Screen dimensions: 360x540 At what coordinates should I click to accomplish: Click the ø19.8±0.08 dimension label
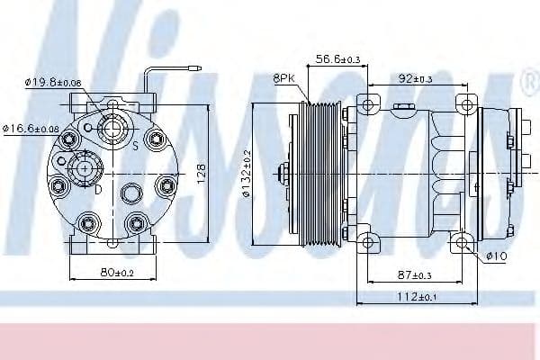pos(53,83)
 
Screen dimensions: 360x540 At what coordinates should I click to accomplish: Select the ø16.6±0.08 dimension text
pos(33,129)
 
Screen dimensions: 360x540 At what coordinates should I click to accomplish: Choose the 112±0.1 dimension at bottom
pos(416,298)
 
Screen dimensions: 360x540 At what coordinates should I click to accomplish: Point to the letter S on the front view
pos(135,145)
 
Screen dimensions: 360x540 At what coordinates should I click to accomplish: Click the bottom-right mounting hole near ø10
pos(463,240)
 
